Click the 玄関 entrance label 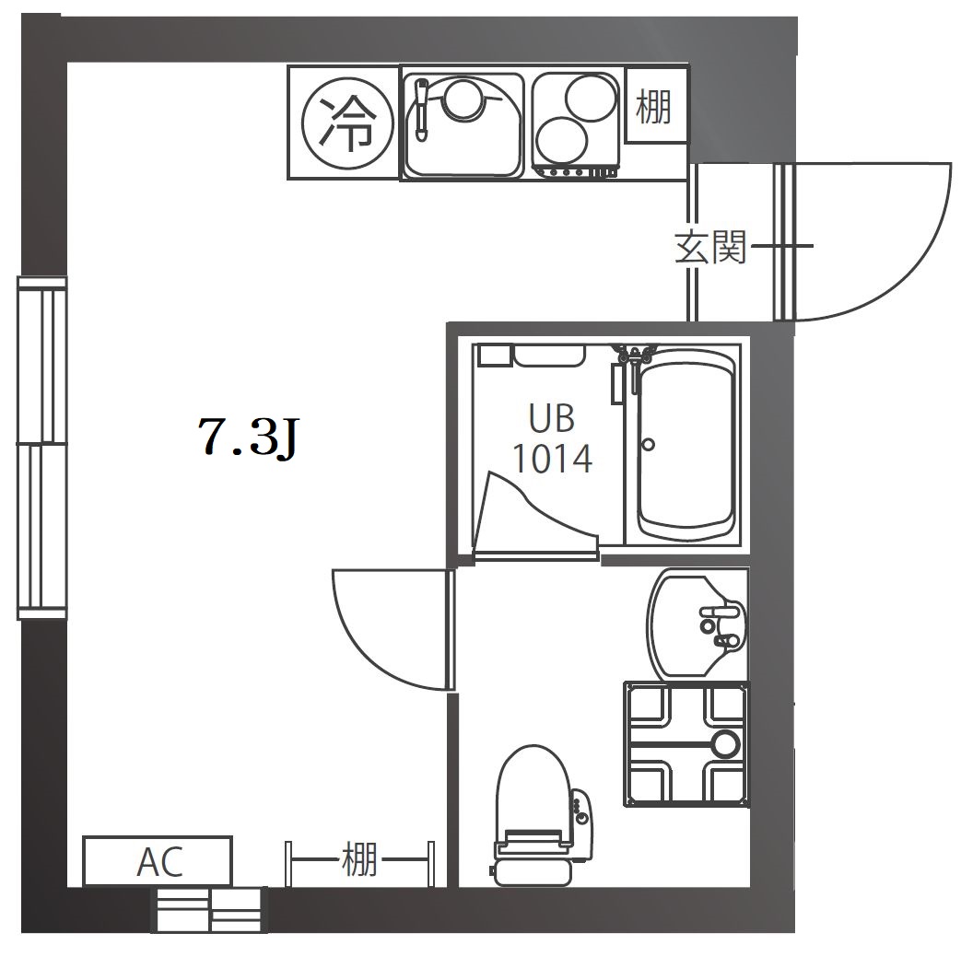coord(709,247)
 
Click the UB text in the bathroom coord(551,418)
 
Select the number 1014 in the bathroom coord(552,458)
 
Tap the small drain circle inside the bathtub coord(649,444)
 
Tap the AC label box coord(159,861)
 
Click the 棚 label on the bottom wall coord(358,860)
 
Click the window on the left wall coord(42,449)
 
